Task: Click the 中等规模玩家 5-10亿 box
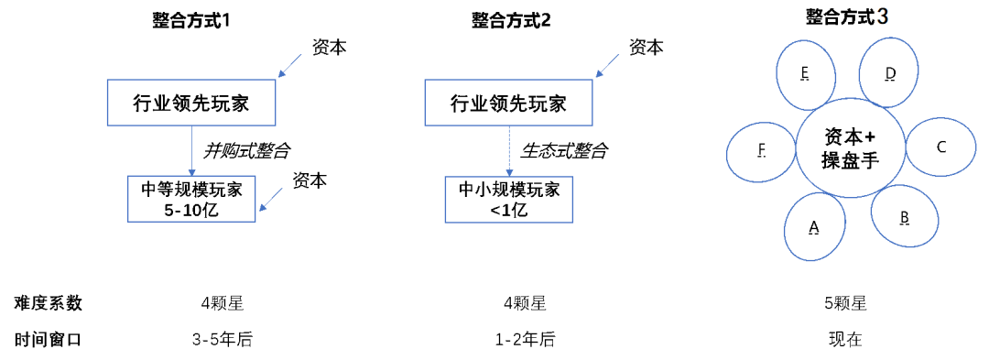(192, 200)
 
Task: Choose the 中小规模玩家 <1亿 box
(509, 200)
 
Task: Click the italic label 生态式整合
(563, 149)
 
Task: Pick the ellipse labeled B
(904, 217)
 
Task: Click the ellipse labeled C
(940, 147)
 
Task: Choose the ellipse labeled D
(889, 74)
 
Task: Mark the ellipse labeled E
(805, 74)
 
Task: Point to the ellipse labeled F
(761, 151)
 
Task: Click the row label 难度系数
(48, 303)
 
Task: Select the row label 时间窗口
(48, 340)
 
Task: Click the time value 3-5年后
(222, 340)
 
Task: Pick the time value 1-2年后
(525, 340)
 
